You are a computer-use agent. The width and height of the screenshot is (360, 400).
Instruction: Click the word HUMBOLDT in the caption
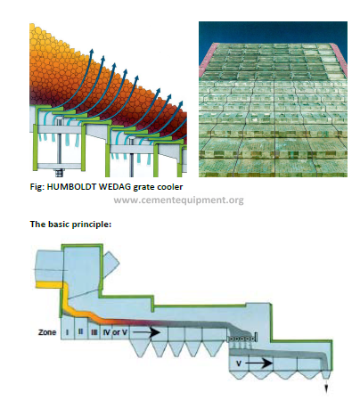click(x=71, y=187)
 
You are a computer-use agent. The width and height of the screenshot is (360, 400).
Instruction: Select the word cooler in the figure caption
click(x=170, y=187)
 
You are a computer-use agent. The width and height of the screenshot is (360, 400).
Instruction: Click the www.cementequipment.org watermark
click(x=178, y=200)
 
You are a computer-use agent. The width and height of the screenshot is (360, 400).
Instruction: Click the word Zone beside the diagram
click(x=47, y=332)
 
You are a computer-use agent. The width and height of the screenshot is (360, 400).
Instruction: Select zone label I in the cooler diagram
click(x=67, y=331)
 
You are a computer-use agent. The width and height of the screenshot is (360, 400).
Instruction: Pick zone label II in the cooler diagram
click(x=80, y=331)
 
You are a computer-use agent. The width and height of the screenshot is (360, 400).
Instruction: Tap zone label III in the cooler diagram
click(x=94, y=332)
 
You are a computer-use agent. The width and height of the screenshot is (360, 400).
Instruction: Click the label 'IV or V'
click(x=115, y=332)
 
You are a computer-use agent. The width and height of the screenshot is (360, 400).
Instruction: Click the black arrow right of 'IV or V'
click(x=146, y=332)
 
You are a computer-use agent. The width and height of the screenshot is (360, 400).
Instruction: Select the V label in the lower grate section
click(x=239, y=363)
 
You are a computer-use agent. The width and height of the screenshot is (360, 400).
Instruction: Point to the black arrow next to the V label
click(x=258, y=363)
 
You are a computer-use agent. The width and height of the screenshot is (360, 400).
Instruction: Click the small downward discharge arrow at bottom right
click(x=326, y=387)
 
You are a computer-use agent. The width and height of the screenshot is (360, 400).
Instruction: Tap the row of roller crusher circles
click(x=241, y=339)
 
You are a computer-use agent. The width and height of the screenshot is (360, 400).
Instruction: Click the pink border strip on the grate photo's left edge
click(x=205, y=60)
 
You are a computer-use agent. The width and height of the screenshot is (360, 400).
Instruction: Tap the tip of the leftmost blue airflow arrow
click(x=92, y=50)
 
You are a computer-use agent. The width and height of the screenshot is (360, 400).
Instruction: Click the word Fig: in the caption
click(x=37, y=187)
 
